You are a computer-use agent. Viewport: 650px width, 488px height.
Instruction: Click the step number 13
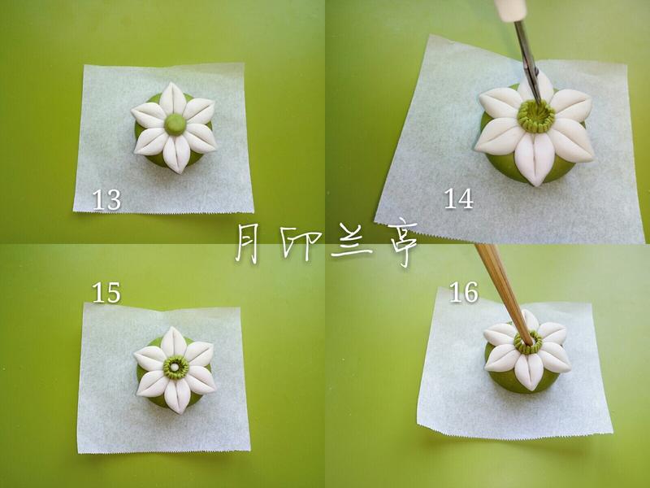(106, 199)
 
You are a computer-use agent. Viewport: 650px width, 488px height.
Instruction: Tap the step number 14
(458, 198)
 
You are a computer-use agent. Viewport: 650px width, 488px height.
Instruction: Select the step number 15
(106, 293)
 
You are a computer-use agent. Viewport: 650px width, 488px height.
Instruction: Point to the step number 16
(464, 292)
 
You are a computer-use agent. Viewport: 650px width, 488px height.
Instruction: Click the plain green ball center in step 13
(175, 124)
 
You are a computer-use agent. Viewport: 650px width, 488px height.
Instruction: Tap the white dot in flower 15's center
(175, 367)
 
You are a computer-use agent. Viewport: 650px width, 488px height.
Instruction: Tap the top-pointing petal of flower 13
(174, 98)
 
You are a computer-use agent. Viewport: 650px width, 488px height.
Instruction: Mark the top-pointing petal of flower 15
(175, 342)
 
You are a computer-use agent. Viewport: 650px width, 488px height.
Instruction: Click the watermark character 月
(248, 242)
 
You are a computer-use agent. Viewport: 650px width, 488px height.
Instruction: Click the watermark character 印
(299, 242)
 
